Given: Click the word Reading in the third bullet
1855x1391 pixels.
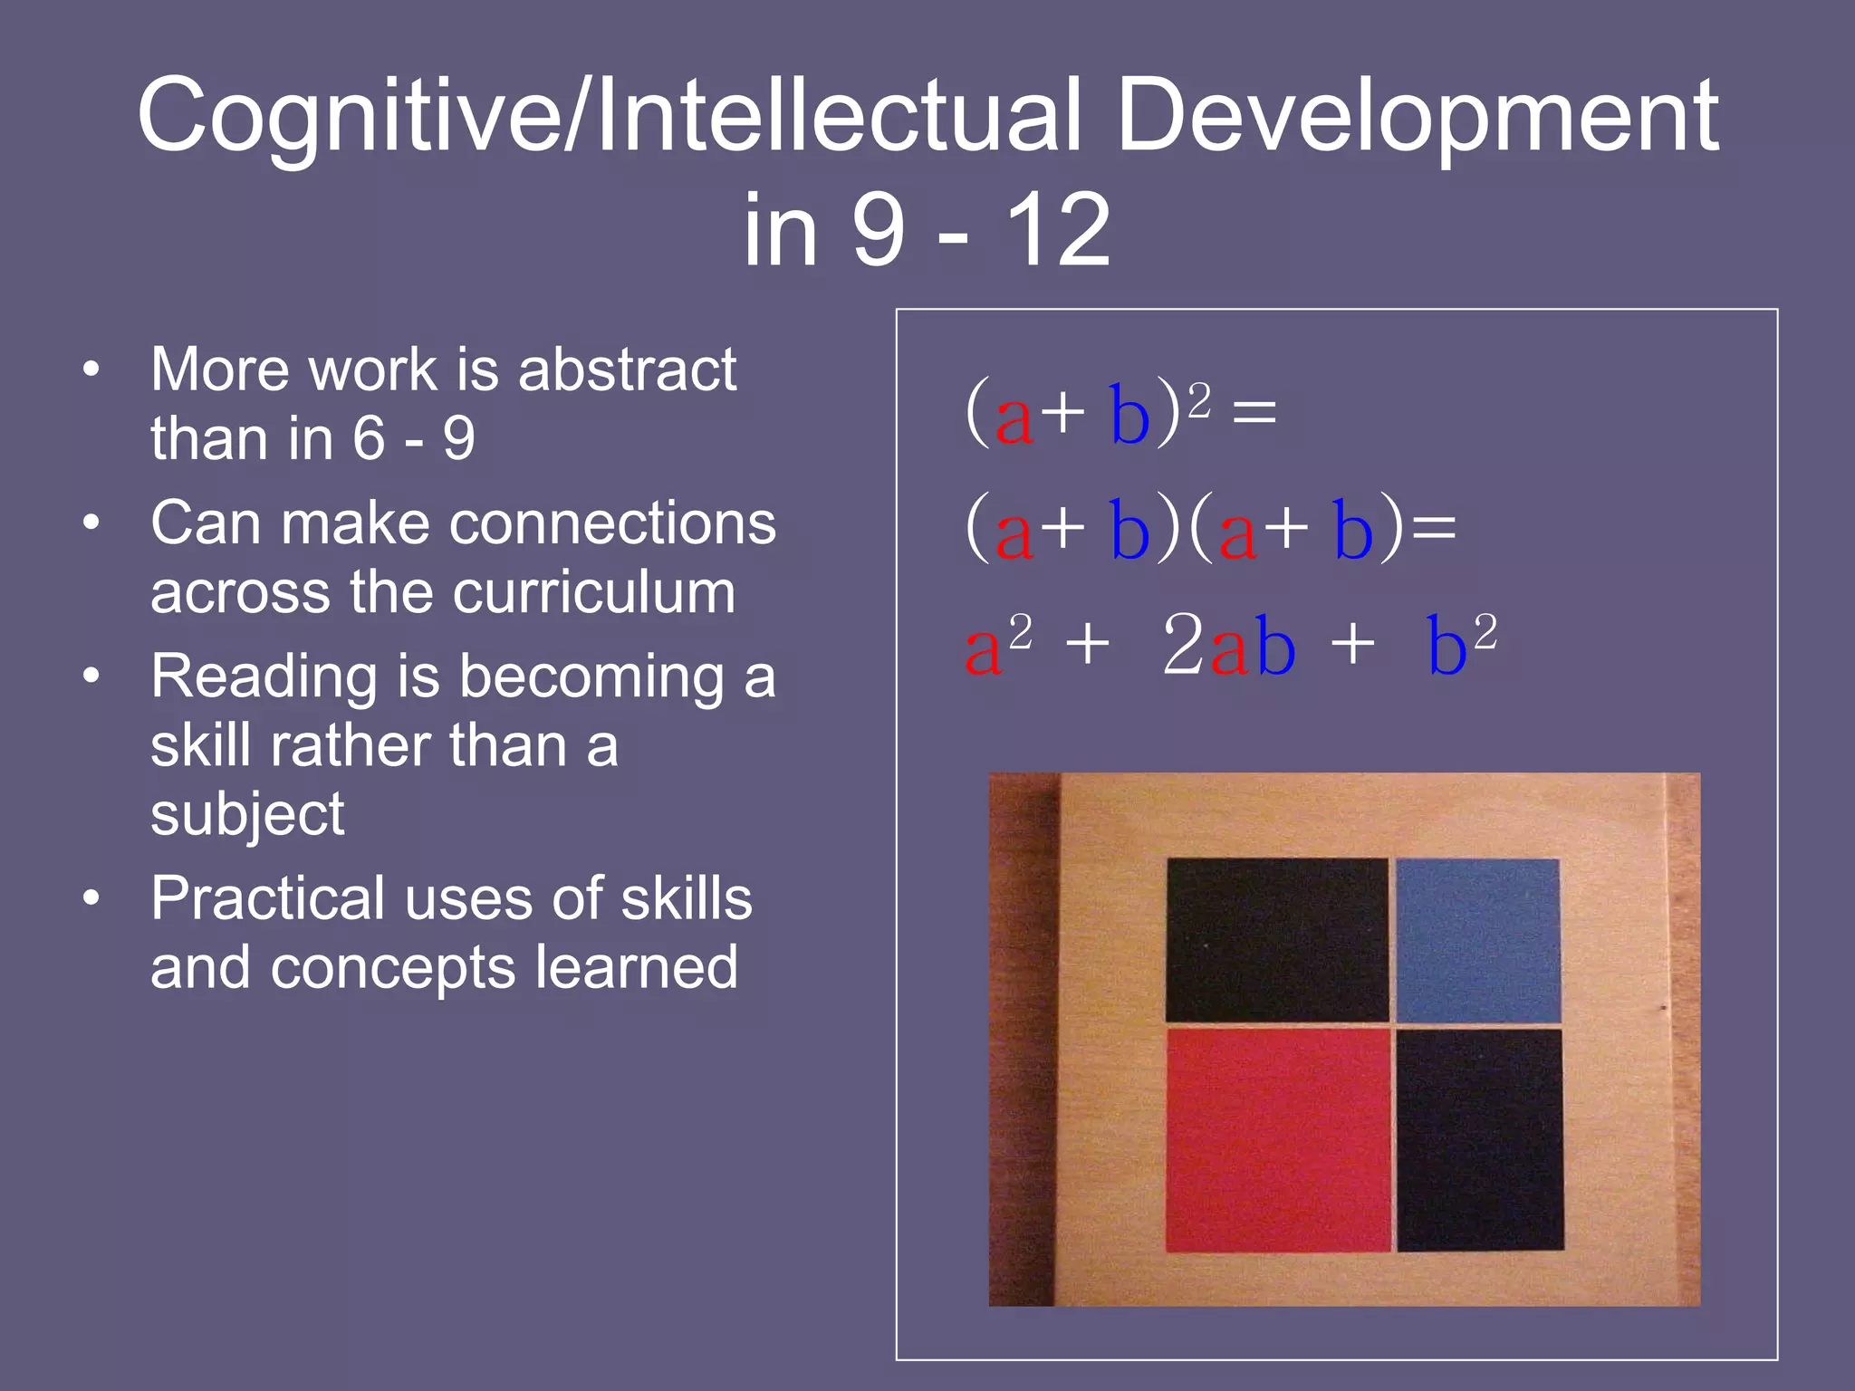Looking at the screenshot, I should [x=263, y=677].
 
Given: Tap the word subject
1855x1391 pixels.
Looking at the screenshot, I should [x=247, y=814].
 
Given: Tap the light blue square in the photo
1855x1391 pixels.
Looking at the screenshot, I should [x=1477, y=940].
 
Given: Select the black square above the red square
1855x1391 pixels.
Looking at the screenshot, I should [x=1276, y=939].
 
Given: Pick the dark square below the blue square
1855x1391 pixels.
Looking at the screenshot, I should [x=1479, y=1139].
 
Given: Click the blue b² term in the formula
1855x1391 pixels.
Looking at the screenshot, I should [x=1460, y=645].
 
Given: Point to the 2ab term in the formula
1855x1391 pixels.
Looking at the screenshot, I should [x=1228, y=645].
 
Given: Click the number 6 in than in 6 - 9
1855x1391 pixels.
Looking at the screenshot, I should [x=369, y=438].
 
